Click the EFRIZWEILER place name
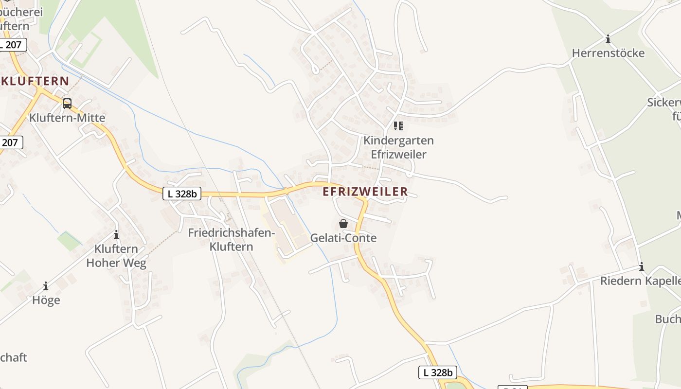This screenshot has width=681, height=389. pos(365,192)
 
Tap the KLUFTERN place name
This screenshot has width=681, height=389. pos(36,81)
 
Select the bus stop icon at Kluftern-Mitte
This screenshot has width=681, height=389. pos(67,103)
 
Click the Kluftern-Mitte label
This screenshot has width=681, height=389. pos(67,118)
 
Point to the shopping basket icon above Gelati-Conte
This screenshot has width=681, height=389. pos(343,224)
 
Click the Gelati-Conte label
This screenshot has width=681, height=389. pos(343,238)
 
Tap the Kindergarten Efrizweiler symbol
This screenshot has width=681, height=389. pos(398,126)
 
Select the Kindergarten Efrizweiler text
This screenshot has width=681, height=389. pos(398,147)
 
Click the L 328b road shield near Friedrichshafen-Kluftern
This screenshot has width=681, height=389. pos(182,194)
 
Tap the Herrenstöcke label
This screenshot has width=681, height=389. pos(608,53)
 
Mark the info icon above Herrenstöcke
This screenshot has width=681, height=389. pos(608,39)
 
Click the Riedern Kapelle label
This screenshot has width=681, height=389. pos(640,281)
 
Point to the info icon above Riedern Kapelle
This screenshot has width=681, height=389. pos(642,266)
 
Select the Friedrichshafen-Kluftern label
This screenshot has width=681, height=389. pos(232,240)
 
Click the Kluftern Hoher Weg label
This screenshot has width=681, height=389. pos(116,256)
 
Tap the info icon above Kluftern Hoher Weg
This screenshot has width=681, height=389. pos(116,235)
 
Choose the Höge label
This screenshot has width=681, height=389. pos(46,300)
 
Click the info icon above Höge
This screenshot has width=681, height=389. pos(46,286)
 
